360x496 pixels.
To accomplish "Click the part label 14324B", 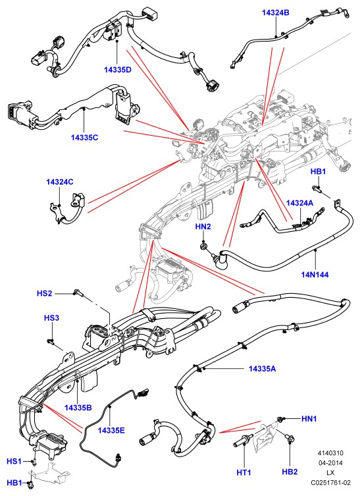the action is point(276,13).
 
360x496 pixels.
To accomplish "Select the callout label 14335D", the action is point(118,70).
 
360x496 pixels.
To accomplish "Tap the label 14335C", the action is point(84,137).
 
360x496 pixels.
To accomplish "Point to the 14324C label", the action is point(60,182).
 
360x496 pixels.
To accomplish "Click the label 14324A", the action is point(299,203).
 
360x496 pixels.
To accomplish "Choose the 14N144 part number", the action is point(315,274).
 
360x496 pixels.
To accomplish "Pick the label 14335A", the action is point(262,368).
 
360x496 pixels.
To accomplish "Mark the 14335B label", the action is point(78,408).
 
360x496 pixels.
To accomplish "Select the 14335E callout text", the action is point(111,430).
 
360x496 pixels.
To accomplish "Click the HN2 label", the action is point(203,227).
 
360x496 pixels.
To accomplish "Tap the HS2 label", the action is point(44,293).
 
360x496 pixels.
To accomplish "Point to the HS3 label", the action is point(51,317).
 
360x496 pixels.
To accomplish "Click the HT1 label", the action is point(244,472).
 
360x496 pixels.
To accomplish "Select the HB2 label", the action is point(290,472).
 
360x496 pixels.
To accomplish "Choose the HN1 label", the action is point(309,418).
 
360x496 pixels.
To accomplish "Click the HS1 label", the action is point(14,461).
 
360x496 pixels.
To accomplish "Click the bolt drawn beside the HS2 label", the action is point(78,293).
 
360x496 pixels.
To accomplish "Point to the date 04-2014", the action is point(330,463).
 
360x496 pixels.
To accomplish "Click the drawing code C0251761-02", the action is point(330,483).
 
